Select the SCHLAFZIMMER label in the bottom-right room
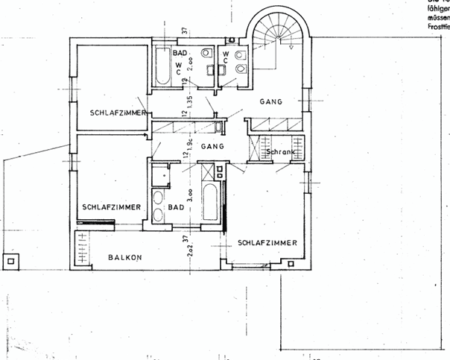pos(267,243)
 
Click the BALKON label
pos(123,256)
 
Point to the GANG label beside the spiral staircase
pos(271,101)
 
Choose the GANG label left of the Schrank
pos(212,147)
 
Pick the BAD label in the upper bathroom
pos(180,54)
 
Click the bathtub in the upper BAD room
pos(162,66)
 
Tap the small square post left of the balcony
pos(10,261)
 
